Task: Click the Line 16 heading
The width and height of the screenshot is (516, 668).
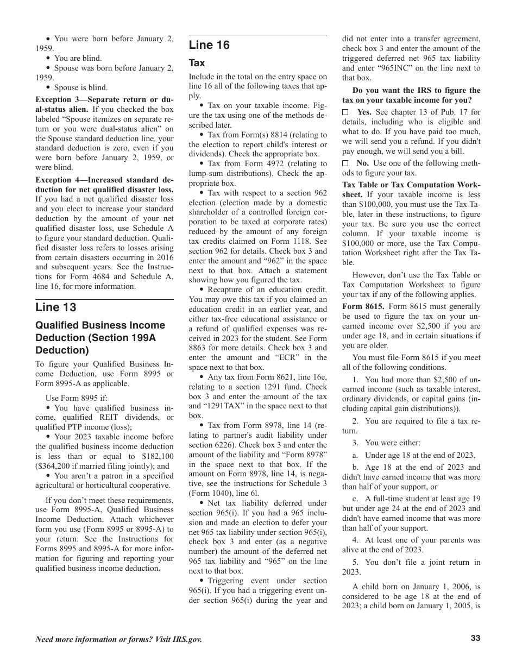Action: point(209,46)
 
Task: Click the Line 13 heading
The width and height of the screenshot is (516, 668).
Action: point(56,307)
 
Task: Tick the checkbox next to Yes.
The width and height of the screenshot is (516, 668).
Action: point(345,112)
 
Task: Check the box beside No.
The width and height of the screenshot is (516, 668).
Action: point(345,163)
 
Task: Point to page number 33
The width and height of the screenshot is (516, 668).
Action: point(475,639)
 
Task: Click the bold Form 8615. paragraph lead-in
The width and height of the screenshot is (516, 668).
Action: point(363,306)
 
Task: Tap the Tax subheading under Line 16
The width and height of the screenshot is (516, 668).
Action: point(197,63)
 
